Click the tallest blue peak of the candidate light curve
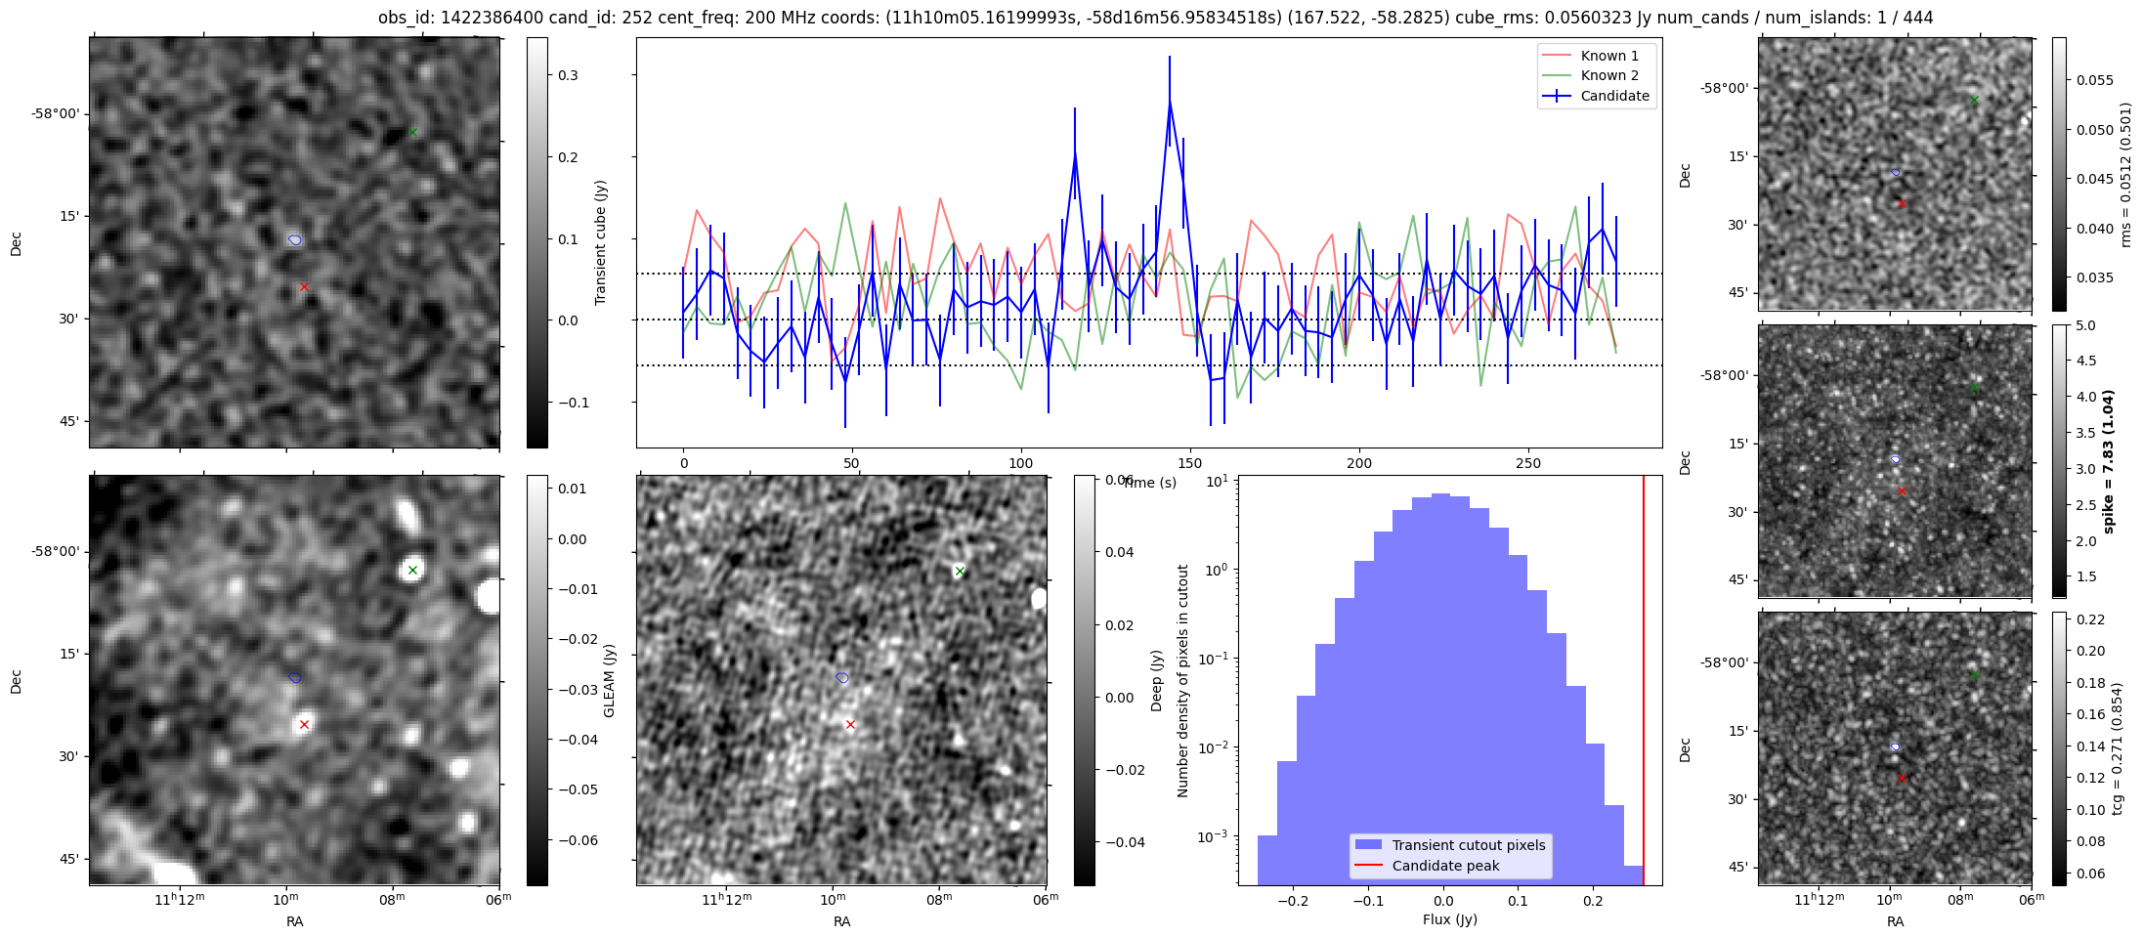click(1169, 102)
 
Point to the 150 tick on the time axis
click(1190, 463)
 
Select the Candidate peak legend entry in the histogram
click(1445, 866)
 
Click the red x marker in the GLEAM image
click(304, 724)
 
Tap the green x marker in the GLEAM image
click(412, 570)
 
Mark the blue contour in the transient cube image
click(295, 239)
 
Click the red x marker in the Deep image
click(850, 724)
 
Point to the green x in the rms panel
click(1974, 101)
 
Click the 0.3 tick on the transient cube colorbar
click(568, 75)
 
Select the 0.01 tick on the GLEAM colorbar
click(573, 489)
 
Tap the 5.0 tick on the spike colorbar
click(2085, 325)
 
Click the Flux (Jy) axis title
click(1449, 919)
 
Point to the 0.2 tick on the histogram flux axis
click(1593, 901)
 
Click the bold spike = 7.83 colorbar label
click(2108, 461)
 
